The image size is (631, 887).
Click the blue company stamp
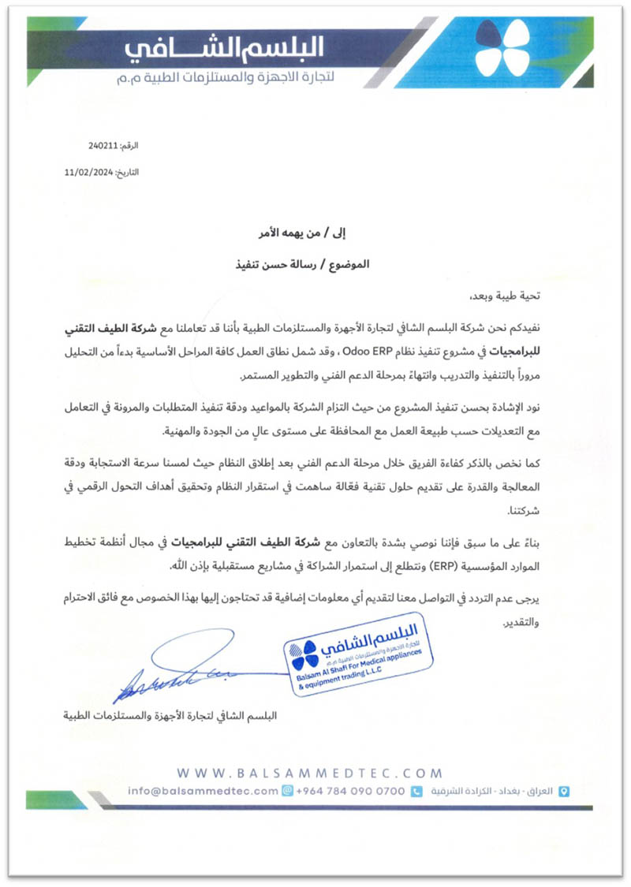coord(358,656)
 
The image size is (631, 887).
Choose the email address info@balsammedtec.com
coord(203,791)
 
